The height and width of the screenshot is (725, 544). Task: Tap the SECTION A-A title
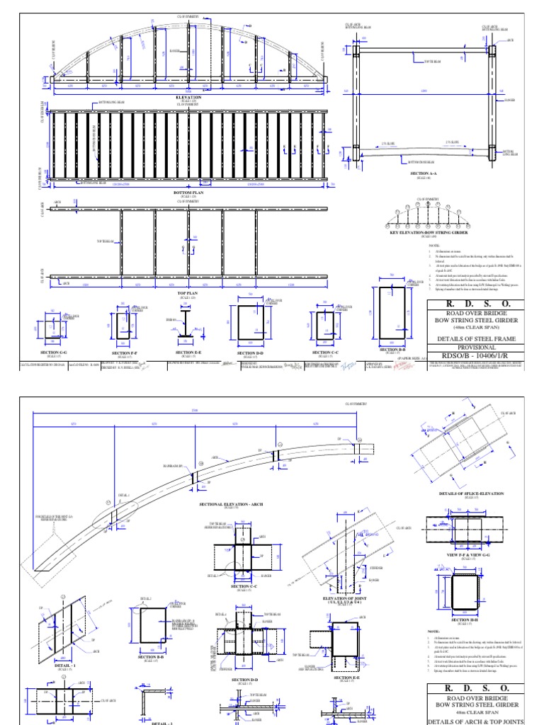pyautogui.click(x=424, y=172)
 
